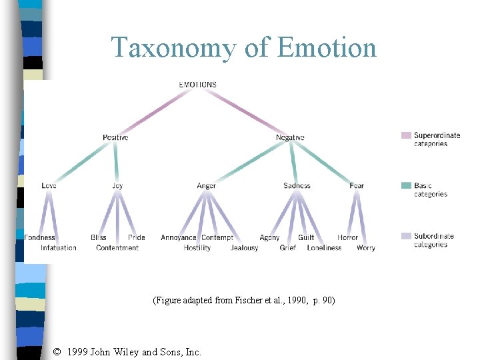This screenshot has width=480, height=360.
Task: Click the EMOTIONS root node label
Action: (198, 85)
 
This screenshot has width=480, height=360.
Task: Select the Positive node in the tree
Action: (115, 137)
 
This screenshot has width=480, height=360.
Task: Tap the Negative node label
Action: (290, 137)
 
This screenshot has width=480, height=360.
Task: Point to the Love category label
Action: (49, 185)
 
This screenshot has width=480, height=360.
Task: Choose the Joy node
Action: (117, 185)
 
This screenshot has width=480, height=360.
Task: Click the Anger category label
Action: (207, 185)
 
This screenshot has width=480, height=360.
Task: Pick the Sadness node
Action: (297, 185)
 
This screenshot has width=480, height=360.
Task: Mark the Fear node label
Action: (357, 185)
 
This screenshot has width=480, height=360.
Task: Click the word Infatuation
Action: (59, 248)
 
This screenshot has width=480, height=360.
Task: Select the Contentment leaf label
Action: (117, 248)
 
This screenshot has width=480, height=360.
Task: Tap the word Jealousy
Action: (244, 248)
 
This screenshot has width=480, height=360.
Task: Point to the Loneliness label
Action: (324, 248)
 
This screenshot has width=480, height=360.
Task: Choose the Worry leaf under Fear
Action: (366, 248)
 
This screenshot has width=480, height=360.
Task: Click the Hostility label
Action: (197, 248)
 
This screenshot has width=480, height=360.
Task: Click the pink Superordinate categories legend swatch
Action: (406, 135)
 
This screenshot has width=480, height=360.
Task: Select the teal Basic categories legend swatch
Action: (406, 185)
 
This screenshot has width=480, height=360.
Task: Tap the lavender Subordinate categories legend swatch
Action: (406, 235)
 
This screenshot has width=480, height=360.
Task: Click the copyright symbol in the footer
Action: (57, 352)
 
